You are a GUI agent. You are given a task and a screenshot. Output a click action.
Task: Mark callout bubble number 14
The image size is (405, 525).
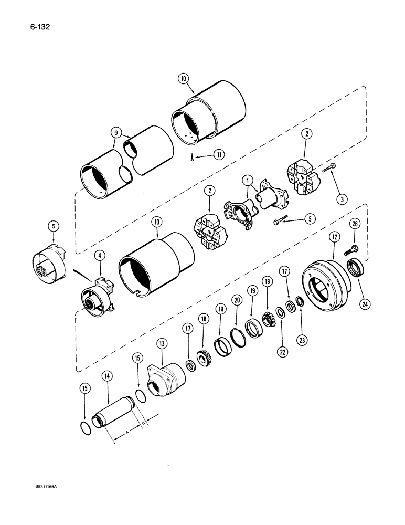click(107, 376)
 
